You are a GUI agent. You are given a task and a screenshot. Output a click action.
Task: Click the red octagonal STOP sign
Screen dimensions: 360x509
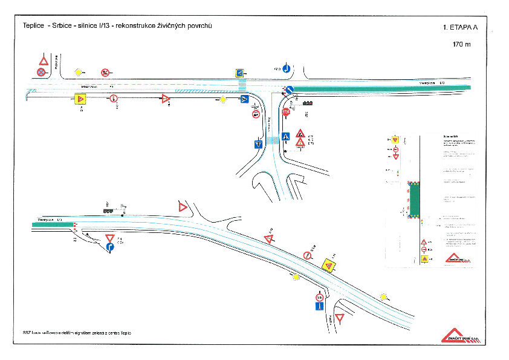coord(287,111)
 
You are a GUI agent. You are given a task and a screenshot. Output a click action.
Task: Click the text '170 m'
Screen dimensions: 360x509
coord(462,44)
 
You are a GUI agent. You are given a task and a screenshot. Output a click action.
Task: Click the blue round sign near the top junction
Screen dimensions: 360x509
coord(287,68)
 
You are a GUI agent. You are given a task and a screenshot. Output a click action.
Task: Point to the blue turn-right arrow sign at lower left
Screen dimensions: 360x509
coord(110,247)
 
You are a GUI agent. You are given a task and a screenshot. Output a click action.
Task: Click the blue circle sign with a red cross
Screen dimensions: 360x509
coord(41,73)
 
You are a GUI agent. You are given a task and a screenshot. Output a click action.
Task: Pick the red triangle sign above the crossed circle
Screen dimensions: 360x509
coord(44,61)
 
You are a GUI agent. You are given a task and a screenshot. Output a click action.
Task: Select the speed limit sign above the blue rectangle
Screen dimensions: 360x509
coord(319,297)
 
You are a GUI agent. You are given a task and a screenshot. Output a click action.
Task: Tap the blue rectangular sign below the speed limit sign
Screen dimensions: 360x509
coord(319,307)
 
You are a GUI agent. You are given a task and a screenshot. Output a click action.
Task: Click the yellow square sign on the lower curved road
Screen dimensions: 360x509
coord(328,264)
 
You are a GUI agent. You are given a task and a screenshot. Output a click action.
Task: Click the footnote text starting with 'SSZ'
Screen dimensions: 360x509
coord(76,333)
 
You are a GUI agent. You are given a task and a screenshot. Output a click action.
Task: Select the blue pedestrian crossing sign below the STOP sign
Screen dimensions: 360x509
coord(286,135)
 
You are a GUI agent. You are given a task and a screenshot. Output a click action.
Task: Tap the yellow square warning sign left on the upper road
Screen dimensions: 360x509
coord(79,99)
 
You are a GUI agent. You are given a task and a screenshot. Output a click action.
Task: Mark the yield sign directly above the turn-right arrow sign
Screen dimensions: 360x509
coord(110,238)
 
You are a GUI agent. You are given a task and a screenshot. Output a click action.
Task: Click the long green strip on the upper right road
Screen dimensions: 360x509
coord(381,88)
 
